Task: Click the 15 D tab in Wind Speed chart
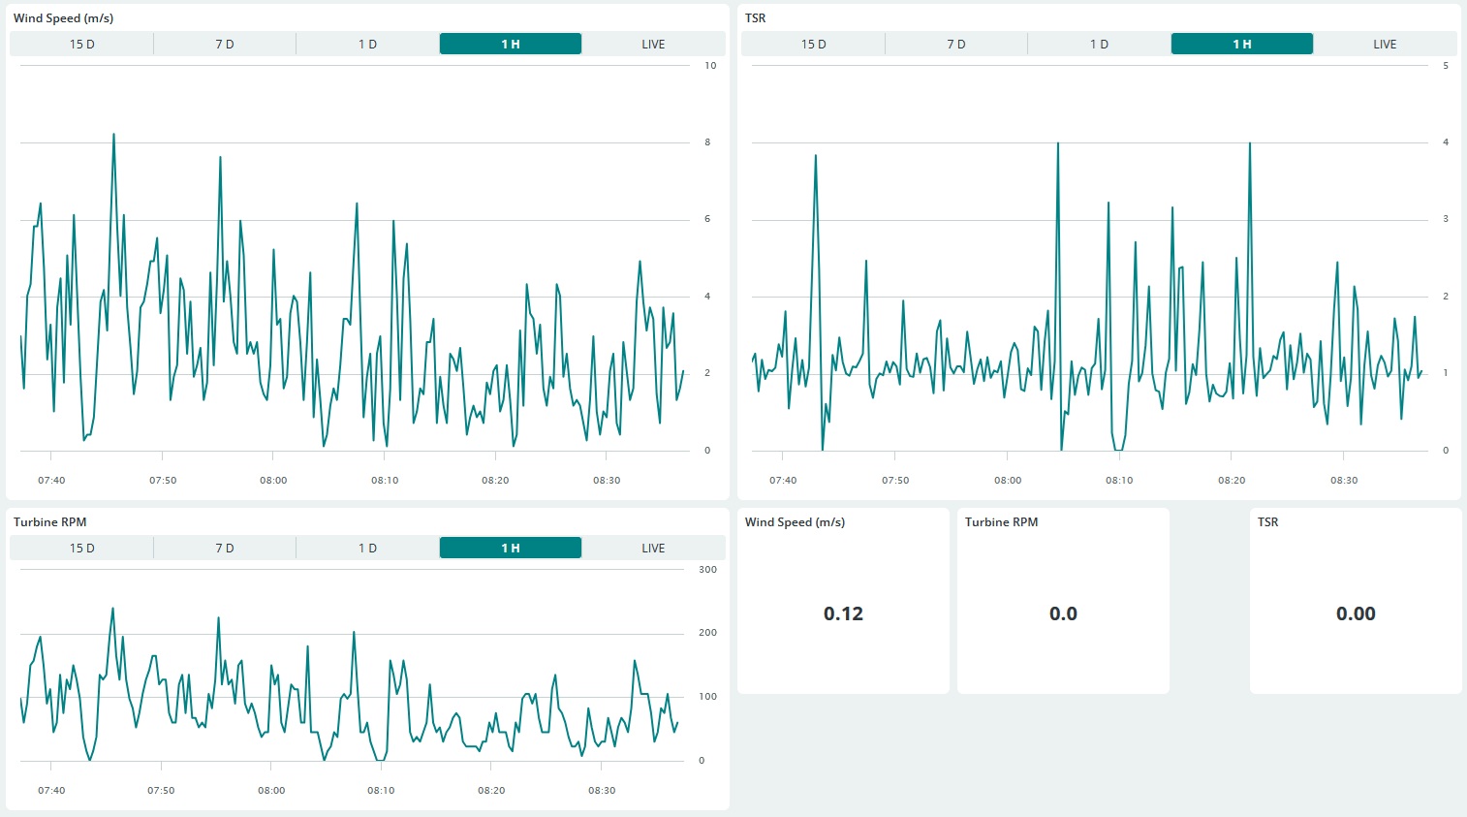click(81, 44)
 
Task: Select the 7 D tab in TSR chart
click(956, 44)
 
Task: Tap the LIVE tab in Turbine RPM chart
click(653, 548)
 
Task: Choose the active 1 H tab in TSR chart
click(1241, 44)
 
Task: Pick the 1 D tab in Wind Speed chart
click(367, 44)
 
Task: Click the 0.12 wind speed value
click(843, 613)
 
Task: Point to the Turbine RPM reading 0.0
click(1063, 613)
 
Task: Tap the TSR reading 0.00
click(1356, 613)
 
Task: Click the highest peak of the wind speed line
click(114, 135)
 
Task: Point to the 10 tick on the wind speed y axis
click(710, 66)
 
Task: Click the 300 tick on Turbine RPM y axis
click(707, 569)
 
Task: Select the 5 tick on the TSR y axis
click(1446, 66)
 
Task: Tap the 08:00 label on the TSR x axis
click(1008, 481)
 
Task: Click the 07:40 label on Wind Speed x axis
click(51, 481)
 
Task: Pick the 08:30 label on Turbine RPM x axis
click(601, 790)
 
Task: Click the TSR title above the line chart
click(755, 18)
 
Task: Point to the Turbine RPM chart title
click(49, 522)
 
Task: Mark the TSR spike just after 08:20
click(1250, 143)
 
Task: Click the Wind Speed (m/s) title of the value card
click(795, 522)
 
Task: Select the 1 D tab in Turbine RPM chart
click(367, 548)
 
